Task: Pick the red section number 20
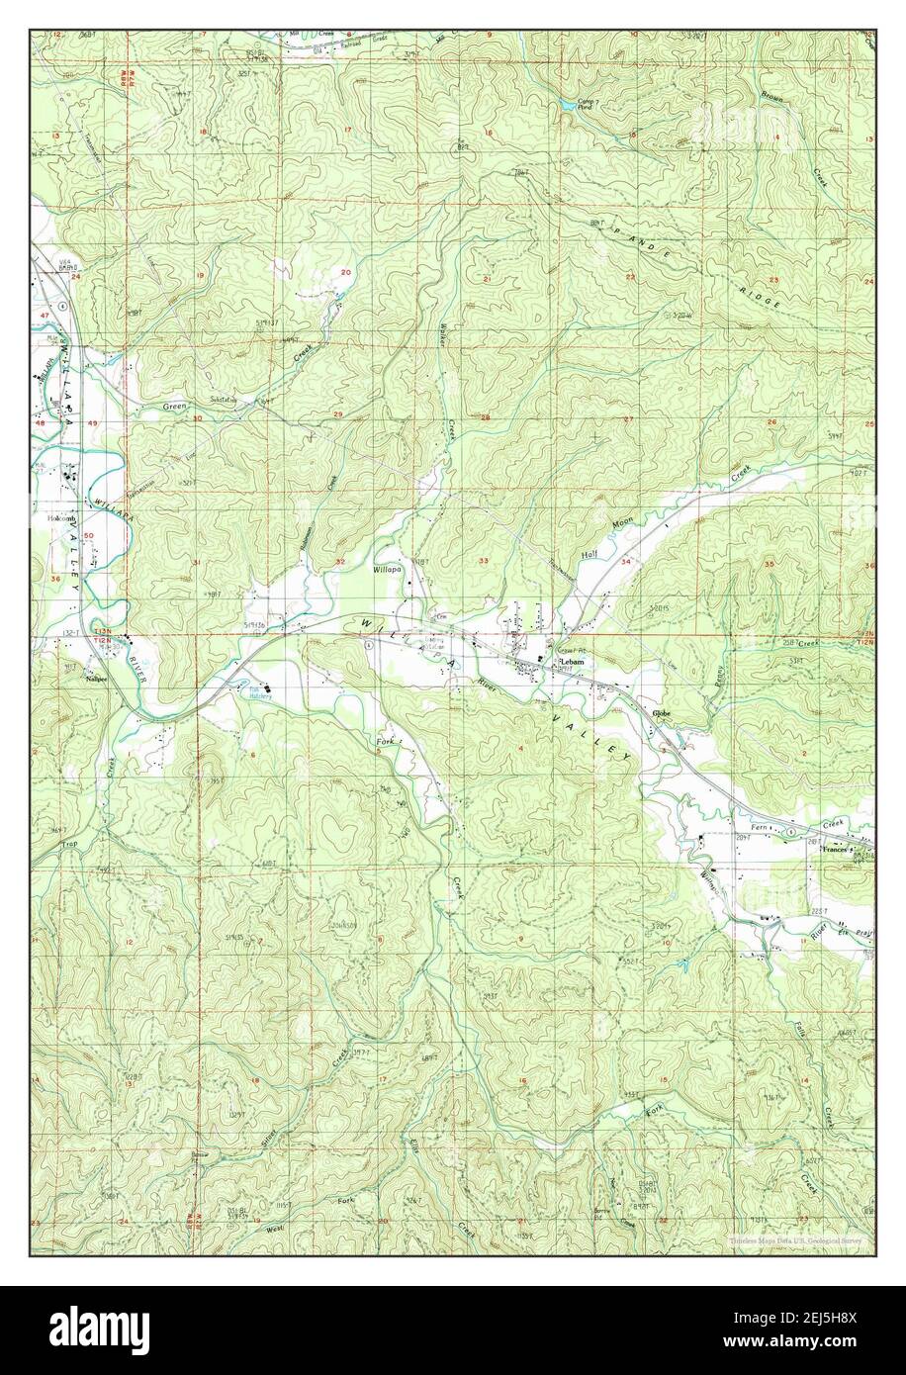point(346,272)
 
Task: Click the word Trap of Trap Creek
point(68,843)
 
